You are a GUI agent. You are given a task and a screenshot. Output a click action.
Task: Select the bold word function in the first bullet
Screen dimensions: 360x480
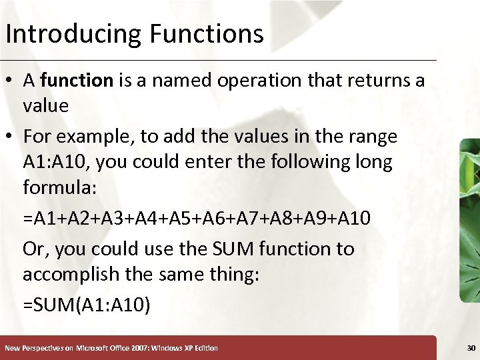coord(77,81)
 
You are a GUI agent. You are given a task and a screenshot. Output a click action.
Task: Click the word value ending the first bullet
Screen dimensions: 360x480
coord(45,106)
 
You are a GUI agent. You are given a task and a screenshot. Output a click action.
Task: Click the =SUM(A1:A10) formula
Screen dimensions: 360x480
coord(87,305)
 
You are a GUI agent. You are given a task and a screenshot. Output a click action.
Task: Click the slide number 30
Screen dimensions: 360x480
coord(471,347)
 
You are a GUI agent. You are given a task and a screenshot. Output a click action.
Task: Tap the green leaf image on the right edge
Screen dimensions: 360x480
coord(469,220)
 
